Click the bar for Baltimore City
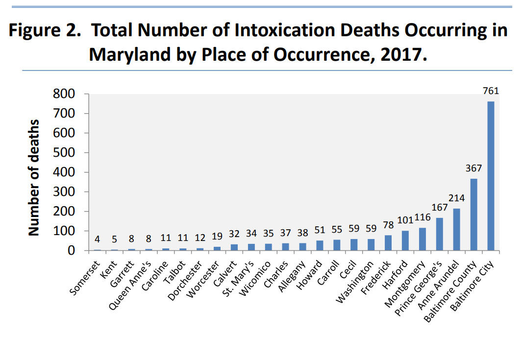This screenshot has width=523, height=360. click(x=491, y=176)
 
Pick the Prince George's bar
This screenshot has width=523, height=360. click(x=439, y=234)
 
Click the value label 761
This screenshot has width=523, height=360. click(x=491, y=91)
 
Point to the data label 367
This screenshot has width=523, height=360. click(x=473, y=168)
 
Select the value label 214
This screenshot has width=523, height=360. click(x=456, y=198)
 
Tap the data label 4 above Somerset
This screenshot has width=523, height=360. click(x=97, y=240)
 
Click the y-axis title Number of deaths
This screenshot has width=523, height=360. click(x=34, y=177)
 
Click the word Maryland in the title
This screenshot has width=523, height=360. click(x=127, y=54)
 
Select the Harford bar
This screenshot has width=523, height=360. click(x=405, y=240)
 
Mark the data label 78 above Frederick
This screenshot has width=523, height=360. click(x=388, y=225)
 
